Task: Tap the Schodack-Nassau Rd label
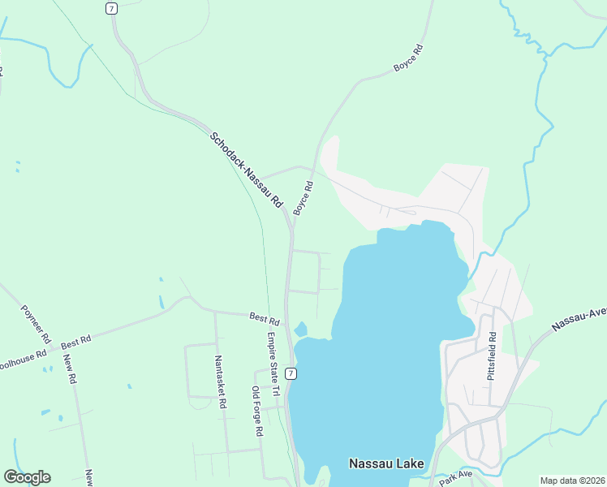(x=246, y=169)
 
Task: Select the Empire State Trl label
(x=273, y=364)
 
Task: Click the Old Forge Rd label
(x=256, y=412)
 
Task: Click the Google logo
(x=27, y=477)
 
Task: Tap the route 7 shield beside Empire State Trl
(x=291, y=373)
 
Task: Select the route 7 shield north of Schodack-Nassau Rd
(x=111, y=8)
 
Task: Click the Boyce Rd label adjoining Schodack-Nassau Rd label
(x=303, y=198)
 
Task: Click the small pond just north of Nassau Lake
(x=300, y=329)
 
